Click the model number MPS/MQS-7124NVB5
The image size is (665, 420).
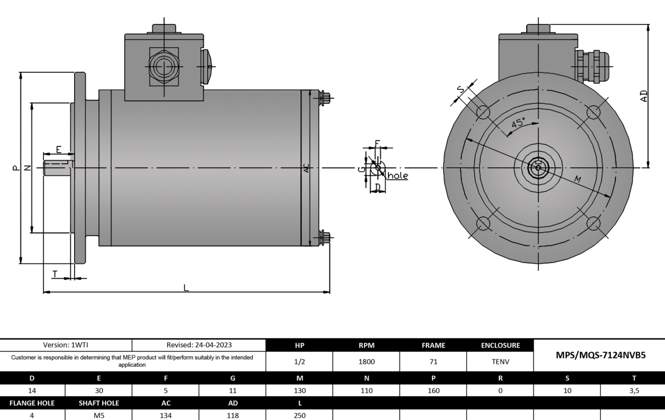tap(598, 355)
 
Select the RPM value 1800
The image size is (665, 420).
tap(366, 362)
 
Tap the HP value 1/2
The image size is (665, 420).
tap(299, 362)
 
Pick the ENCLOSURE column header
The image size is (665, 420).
tap(500, 345)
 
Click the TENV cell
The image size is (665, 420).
tap(500, 362)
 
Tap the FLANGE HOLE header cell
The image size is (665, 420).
tap(33, 402)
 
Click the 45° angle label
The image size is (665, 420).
tap(518, 123)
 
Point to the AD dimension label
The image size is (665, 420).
tap(643, 96)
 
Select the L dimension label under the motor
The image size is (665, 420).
tap(186, 287)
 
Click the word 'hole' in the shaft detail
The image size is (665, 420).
tap(398, 176)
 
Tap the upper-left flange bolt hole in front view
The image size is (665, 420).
tap(483, 112)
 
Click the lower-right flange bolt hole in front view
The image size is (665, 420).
tap(594, 223)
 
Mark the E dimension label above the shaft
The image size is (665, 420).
tap(59, 149)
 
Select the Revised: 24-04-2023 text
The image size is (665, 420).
tap(199, 345)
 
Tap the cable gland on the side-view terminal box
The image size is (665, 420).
tap(164, 66)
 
